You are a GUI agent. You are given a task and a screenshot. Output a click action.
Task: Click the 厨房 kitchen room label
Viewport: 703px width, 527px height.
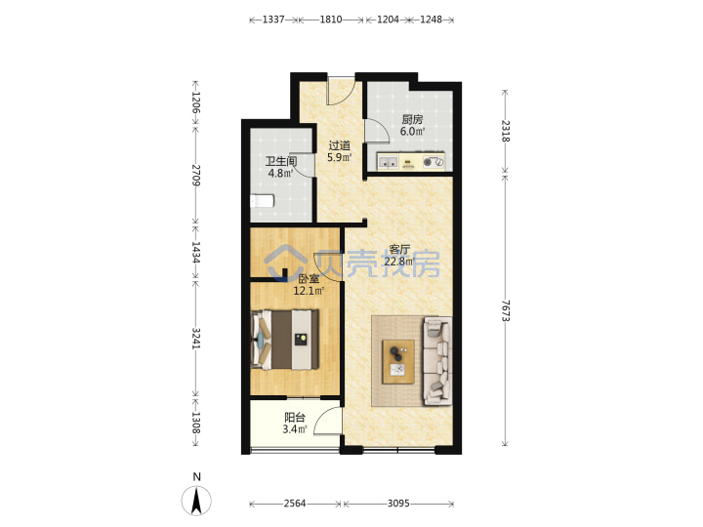pyautogui.click(x=412, y=120)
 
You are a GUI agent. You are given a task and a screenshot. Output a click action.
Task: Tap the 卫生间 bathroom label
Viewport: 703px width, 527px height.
pyautogui.click(x=281, y=161)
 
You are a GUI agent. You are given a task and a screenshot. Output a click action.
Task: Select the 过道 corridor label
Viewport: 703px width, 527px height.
pyautogui.click(x=340, y=145)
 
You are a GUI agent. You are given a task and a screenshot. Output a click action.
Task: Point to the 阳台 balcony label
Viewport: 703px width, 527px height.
pyautogui.click(x=295, y=418)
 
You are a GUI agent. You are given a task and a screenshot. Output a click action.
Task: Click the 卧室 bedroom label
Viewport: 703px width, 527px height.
pyautogui.click(x=309, y=279)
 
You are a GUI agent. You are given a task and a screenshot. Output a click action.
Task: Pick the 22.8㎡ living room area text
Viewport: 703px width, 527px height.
pyautogui.click(x=399, y=262)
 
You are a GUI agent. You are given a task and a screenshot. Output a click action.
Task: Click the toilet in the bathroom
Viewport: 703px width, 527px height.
pyautogui.click(x=262, y=201)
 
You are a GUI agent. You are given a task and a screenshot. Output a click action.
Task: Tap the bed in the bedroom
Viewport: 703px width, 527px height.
pyautogui.click(x=285, y=340)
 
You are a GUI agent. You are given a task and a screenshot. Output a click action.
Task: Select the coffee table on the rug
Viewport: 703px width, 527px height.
pyautogui.click(x=398, y=362)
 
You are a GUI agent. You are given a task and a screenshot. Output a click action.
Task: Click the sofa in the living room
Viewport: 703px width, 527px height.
pyautogui.click(x=437, y=361)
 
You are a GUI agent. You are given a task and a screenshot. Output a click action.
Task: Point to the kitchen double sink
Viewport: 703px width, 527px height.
pyautogui.click(x=389, y=162)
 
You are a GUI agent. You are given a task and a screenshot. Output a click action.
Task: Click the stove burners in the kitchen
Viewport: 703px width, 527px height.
pyautogui.click(x=434, y=162)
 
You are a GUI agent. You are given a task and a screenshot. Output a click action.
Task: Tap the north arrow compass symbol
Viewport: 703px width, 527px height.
pyautogui.click(x=196, y=500)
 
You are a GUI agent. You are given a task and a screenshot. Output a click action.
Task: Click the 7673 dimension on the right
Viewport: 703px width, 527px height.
pyautogui.click(x=506, y=310)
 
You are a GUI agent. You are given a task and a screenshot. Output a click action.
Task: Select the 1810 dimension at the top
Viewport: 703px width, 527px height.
pyautogui.click(x=331, y=20)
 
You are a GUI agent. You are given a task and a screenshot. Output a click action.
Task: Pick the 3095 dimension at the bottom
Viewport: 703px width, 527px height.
pyautogui.click(x=398, y=504)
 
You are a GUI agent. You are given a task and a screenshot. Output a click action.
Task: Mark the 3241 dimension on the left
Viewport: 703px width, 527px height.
pyautogui.click(x=196, y=339)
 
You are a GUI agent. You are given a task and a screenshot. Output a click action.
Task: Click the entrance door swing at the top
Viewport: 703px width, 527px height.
pyautogui.click(x=341, y=91)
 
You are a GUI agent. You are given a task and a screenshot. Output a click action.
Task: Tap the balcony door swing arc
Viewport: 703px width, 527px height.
pyautogui.click(x=328, y=421)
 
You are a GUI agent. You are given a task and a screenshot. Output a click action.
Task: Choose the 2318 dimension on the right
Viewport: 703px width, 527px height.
pyautogui.click(x=506, y=131)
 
